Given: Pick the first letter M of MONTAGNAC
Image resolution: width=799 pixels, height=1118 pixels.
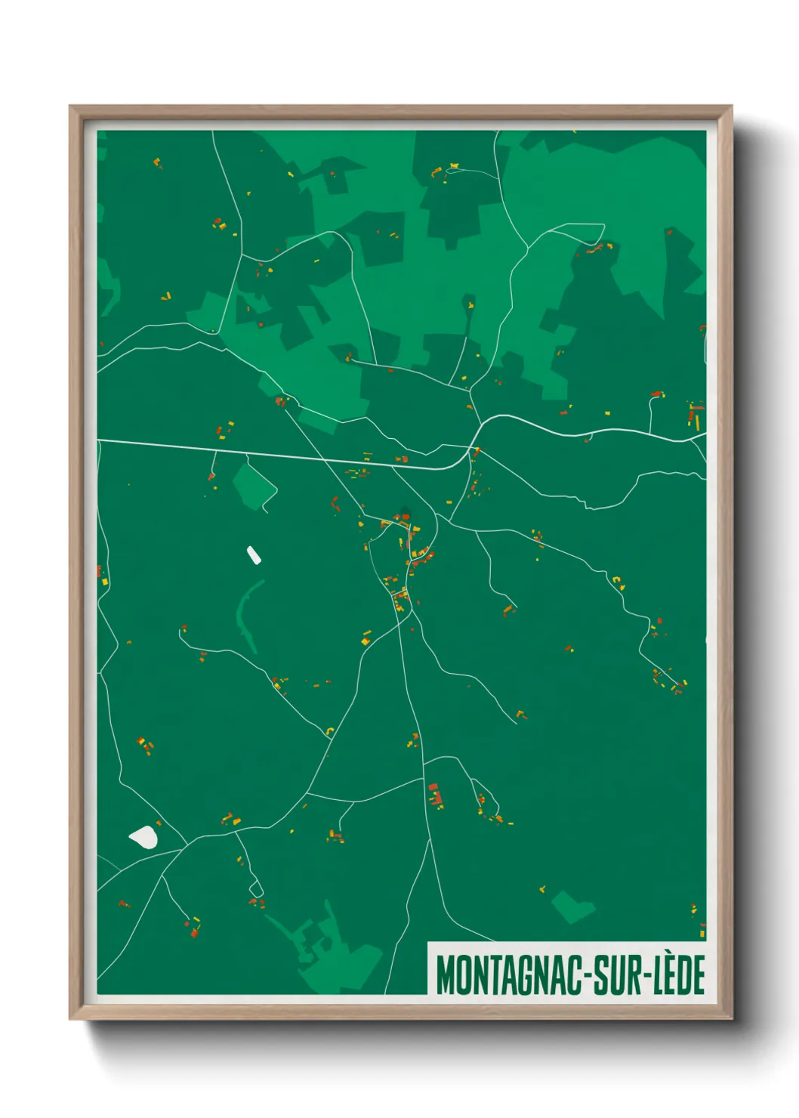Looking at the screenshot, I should [445, 975].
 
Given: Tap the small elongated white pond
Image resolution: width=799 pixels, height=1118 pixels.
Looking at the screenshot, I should [254, 556].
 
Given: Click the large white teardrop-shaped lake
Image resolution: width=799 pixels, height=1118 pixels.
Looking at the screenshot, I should [143, 837].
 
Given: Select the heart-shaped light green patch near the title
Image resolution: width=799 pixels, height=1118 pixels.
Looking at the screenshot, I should [572, 906].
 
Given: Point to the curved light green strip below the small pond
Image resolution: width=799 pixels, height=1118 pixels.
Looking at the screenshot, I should [246, 612].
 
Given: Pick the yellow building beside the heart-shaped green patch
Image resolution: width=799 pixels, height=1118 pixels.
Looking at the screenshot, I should [542, 888].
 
